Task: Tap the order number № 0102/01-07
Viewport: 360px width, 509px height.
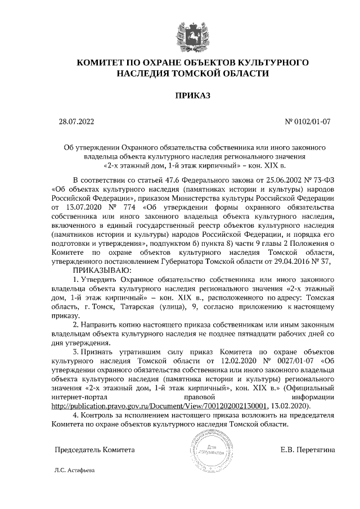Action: (308, 121)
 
